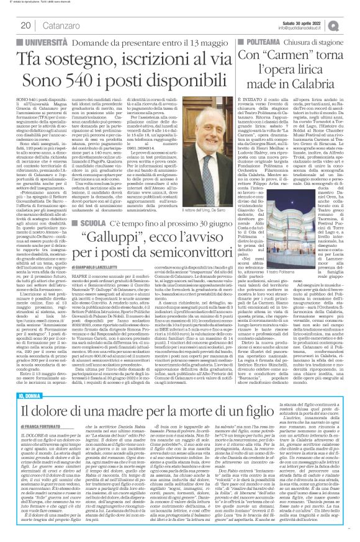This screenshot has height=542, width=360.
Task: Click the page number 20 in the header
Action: pyautogui.click(x=26, y=25)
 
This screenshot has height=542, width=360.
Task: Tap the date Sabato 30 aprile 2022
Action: pyautogui.click(x=302, y=23)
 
